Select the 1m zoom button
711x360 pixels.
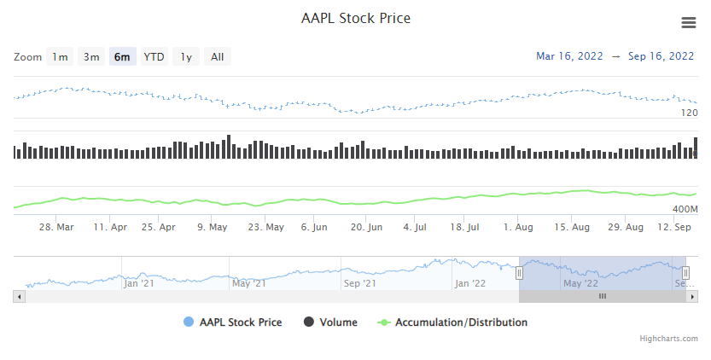click(60, 57)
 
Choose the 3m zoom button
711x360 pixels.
click(91, 57)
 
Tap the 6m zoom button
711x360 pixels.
click(122, 57)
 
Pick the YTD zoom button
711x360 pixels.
click(154, 57)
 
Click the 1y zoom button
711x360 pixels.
click(186, 57)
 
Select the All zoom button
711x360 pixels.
click(218, 57)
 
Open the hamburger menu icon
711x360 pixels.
click(688, 23)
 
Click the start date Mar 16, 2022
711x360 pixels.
click(569, 56)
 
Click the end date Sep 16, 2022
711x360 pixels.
click(661, 56)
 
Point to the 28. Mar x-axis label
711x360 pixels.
click(57, 228)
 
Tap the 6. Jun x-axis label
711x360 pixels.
click(314, 228)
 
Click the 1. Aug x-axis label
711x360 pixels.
click(518, 228)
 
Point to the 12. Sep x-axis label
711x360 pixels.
click(673, 228)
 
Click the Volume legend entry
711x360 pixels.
click(339, 322)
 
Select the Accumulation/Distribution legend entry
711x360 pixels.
click(461, 322)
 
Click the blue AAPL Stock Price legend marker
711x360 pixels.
click(189, 322)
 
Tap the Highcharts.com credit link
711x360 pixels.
click(668, 339)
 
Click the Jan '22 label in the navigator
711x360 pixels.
click(469, 282)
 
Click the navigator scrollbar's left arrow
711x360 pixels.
click(18, 296)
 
